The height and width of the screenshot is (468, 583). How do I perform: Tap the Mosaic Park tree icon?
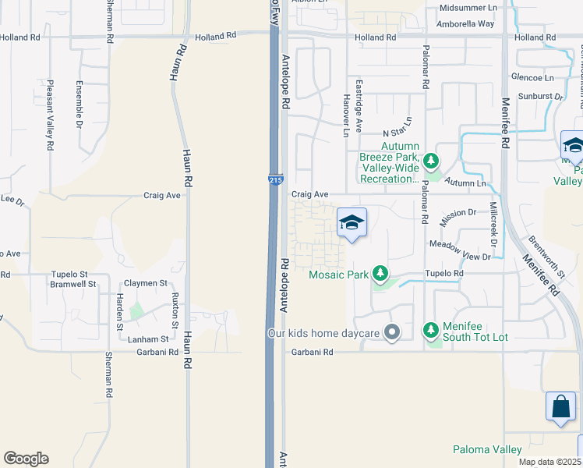[380, 273]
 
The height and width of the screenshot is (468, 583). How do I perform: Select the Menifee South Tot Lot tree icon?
[431, 330]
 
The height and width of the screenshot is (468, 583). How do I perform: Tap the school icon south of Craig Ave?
[352, 222]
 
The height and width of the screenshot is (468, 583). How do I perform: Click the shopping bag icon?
[560, 406]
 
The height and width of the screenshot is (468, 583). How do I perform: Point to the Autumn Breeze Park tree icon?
[431, 161]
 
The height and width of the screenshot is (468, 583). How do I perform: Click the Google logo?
[26, 458]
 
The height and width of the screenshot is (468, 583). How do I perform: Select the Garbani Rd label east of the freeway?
[313, 353]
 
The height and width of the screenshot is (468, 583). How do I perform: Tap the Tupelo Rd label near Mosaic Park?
[443, 274]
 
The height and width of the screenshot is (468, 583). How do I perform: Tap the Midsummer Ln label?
[468, 7]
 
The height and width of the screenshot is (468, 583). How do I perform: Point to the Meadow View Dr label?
[461, 257]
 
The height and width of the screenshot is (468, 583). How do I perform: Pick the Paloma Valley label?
[487, 449]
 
